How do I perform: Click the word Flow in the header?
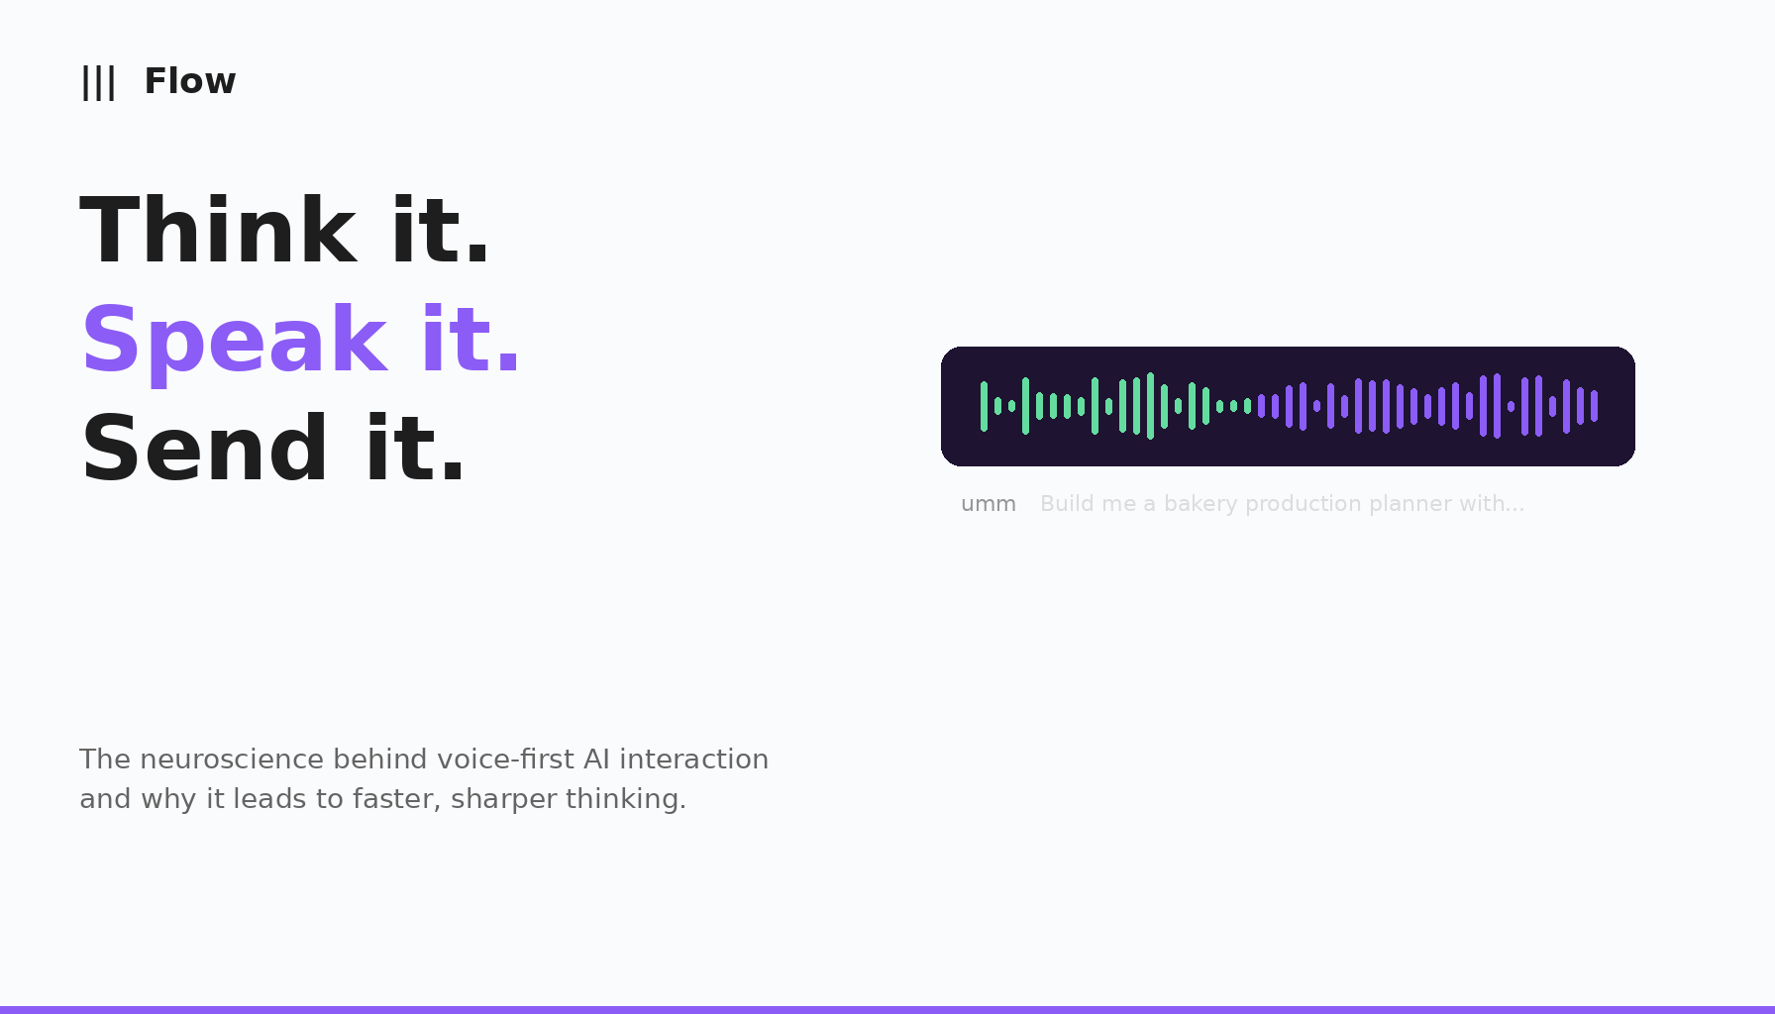[x=190, y=81]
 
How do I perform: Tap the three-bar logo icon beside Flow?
[x=98, y=82]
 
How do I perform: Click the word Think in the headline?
[x=218, y=232]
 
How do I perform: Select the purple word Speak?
[x=234, y=341]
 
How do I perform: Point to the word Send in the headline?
[x=205, y=450]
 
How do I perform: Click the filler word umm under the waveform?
[x=988, y=504]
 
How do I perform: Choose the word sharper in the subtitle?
[x=504, y=799]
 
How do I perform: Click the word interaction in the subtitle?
[x=693, y=760]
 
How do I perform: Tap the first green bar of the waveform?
[x=984, y=406]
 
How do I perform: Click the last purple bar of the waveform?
[x=1594, y=406]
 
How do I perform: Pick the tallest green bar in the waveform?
[x=1150, y=406]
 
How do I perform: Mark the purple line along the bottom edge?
[x=887, y=1009]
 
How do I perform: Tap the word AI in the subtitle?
[x=596, y=760]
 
